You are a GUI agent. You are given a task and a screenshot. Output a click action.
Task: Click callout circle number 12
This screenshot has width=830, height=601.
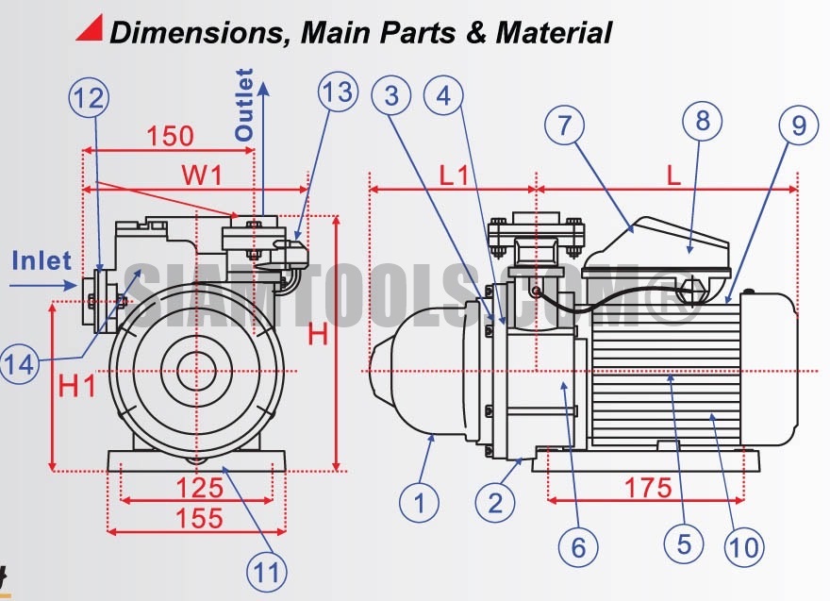point(89,96)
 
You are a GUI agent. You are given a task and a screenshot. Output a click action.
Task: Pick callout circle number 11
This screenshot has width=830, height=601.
point(269,569)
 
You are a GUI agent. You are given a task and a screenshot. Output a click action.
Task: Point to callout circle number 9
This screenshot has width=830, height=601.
point(799,126)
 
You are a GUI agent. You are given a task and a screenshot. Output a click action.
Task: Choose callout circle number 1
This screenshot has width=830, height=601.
point(420,502)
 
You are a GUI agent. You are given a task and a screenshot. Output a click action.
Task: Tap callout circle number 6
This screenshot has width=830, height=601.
point(578,544)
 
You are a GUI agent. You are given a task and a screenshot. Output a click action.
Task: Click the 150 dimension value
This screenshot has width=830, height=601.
point(170,136)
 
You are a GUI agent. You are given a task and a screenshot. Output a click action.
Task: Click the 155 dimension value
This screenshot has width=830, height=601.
point(199,517)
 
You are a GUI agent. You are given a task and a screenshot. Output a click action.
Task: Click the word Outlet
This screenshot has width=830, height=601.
point(244,105)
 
